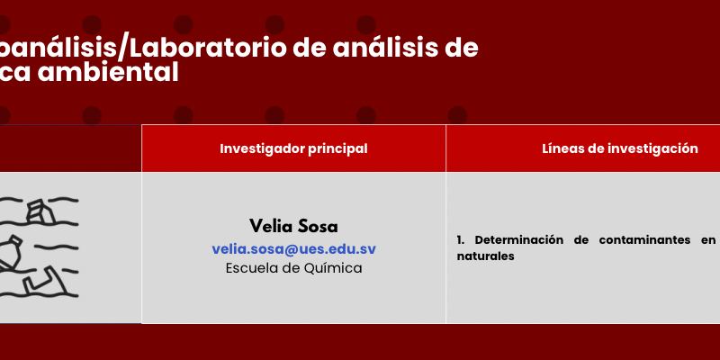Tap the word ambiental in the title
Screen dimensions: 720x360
tap(108, 73)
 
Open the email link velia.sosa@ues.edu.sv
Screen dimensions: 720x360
tap(294, 249)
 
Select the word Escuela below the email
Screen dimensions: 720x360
tap(251, 268)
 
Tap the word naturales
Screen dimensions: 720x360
tap(485, 256)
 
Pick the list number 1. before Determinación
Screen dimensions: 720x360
tap(461, 239)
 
